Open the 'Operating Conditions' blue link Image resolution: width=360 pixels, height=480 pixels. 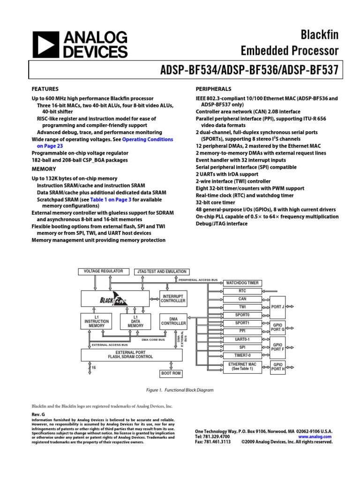[148, 140]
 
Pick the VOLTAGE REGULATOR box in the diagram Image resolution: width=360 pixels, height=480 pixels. [103, 271]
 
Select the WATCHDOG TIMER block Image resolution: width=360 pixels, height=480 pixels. [242, 283]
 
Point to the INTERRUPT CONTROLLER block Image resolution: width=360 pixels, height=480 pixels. [173, 298]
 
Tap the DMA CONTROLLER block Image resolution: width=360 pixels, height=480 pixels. [173, 321]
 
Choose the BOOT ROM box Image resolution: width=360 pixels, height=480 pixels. [171, 374]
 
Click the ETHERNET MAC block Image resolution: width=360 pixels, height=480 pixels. [242, 367]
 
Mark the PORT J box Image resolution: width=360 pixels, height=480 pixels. [277, 307]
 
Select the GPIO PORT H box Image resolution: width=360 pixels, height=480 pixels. [277, 367]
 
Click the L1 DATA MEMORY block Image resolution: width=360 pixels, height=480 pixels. [135, 322]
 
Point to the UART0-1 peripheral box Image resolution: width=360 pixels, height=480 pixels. [242, 339]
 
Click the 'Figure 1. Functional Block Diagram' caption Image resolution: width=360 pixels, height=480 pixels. [180, 390]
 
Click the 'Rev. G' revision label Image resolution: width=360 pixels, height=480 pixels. [38, 415]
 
